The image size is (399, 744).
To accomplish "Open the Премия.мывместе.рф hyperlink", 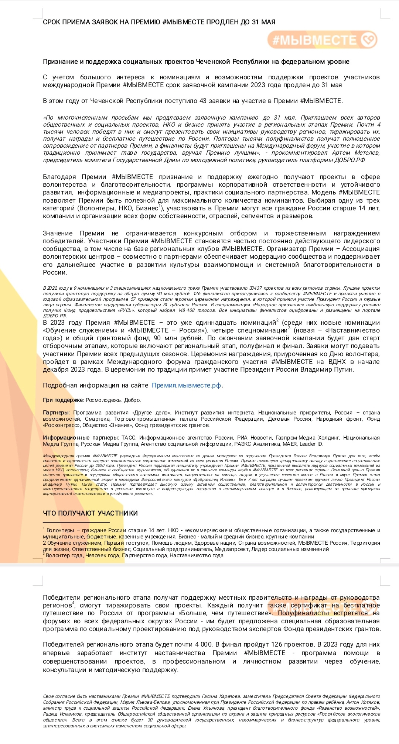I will [x=187, y=385].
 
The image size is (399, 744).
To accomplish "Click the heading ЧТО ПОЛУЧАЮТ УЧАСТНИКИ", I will [x=90, y=513].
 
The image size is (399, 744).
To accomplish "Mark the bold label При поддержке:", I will [x=63, y=400].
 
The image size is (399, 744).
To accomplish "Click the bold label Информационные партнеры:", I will [x=81, y=438].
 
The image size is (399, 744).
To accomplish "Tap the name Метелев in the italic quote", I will [x=367, y=153].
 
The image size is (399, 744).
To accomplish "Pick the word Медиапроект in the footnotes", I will [x=232, y=549].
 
